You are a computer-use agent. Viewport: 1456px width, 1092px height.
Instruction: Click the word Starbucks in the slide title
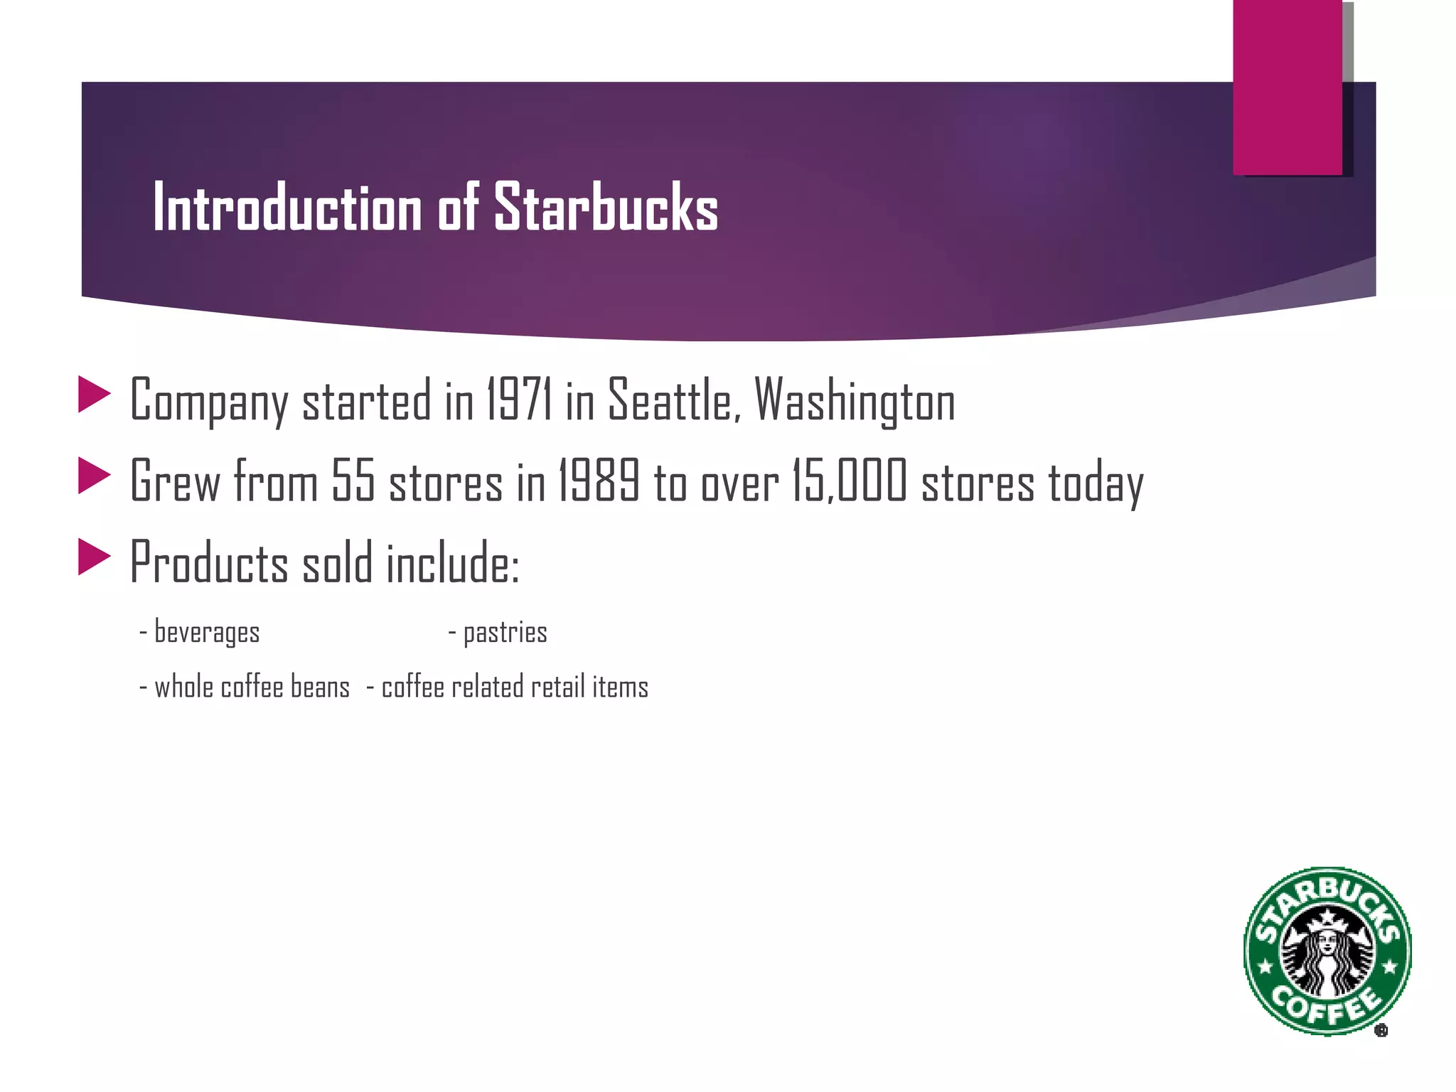tap(606, 208)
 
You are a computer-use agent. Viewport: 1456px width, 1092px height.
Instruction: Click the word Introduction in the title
tap(287, 208)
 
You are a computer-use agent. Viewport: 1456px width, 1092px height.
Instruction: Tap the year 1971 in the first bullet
tap(519, 400)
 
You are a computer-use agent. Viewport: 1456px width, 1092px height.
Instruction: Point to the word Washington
tap(855, 400)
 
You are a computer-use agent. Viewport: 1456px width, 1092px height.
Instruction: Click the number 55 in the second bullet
tap(353, 481)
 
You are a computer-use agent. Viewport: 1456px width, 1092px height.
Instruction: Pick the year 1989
tap(599, 481)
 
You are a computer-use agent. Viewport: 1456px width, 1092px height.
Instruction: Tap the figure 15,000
tap(850, 481)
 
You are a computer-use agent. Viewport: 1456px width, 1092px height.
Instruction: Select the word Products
tap(209, 562)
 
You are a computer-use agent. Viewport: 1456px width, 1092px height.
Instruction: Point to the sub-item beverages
tap(206, 632)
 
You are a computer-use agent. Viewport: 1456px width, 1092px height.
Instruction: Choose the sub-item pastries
tap(505, 632)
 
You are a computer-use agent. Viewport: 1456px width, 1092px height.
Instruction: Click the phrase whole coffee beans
tap(252, 687)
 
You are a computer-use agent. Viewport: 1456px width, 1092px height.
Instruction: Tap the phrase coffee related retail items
tap(515, 687)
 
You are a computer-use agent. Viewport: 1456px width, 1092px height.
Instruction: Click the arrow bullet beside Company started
tap(94, 395)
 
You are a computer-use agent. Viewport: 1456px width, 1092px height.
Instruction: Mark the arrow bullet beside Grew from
tap(94, 476)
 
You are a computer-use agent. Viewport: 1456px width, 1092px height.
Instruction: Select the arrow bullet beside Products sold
tap(94, 557)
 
